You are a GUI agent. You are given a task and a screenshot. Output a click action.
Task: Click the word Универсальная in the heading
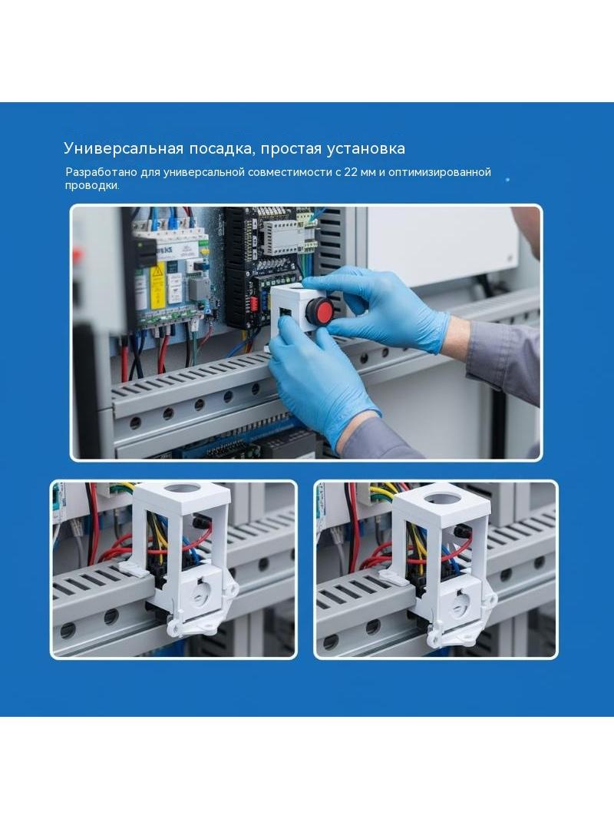[123, 149]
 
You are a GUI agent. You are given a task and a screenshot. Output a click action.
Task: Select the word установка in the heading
[365, 149]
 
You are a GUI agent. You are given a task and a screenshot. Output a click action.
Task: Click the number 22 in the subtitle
[349, 172]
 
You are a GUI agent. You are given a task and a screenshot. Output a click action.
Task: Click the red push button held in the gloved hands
[319, 310]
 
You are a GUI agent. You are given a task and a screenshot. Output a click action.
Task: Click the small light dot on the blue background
[507, 180]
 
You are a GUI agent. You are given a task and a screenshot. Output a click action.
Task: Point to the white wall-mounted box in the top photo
[444, 246]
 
